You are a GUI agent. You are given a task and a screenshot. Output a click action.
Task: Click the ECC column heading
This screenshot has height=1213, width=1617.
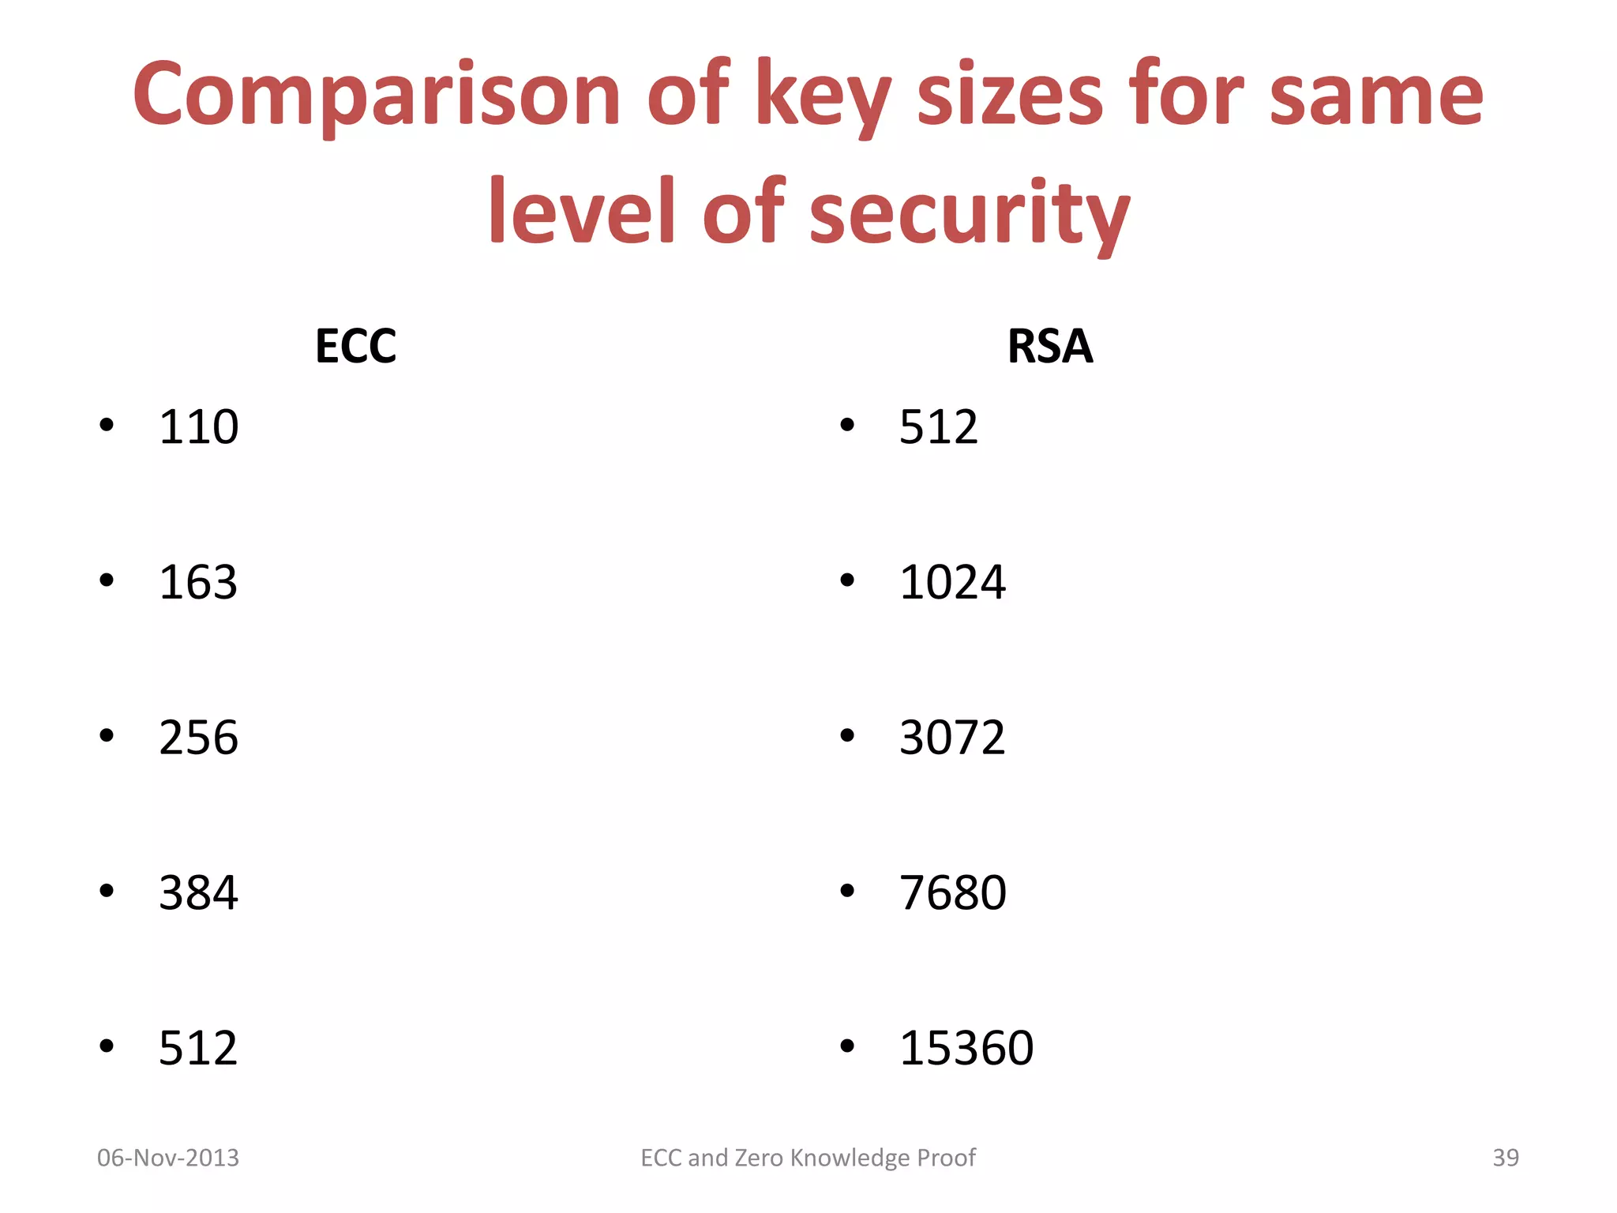coord(355,346)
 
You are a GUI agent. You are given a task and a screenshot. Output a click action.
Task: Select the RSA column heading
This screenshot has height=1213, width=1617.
coord(1050,346)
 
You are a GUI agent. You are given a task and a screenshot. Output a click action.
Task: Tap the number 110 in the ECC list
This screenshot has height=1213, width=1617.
coord(198,427)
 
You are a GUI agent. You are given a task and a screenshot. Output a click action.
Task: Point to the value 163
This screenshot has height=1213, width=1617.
coord(198,583)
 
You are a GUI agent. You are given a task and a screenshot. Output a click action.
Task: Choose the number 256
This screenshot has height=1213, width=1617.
coord(198,738)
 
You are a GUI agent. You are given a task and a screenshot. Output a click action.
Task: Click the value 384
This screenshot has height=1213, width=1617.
coord(198,893)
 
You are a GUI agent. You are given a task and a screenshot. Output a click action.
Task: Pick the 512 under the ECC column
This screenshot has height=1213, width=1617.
coord(198,1049)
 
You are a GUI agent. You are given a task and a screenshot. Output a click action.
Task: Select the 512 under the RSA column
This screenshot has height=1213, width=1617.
coord(939,427)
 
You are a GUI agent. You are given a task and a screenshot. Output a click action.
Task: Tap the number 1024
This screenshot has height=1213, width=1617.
coord(952,583)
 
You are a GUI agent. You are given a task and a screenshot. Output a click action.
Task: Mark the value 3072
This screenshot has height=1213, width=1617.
coord(952,738)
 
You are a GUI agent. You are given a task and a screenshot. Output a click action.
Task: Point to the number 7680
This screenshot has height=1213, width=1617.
coord(953,893)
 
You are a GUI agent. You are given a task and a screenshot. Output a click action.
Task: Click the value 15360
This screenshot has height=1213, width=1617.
coord(966,1049)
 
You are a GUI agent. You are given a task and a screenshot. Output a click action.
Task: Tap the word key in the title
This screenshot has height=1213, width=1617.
coord(824,96)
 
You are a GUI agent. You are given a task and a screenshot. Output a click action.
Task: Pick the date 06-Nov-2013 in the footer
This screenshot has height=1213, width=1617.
coord(168,1158)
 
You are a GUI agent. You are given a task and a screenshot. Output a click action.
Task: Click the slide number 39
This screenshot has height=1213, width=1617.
coord(1506,1158)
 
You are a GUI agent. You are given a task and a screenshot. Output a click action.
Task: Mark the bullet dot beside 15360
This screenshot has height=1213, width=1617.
coord(847,1047)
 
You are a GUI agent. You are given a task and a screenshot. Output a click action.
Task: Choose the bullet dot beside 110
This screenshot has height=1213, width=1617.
coord(107,426)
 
